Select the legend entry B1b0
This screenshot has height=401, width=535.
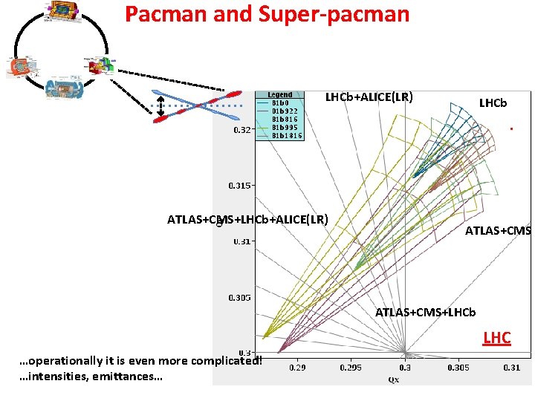point(281,102)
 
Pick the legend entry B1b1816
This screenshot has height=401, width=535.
point(286,135)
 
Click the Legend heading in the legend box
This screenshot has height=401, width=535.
point(280,94)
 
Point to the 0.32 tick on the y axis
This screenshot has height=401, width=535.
point(242,130)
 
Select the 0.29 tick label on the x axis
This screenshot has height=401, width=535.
point(296,367)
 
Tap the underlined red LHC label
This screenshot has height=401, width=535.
point(496,339)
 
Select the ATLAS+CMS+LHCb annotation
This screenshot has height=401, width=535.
point(425,312)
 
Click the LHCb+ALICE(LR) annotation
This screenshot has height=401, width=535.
point(369,97)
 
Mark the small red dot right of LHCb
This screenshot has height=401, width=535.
point(512,129)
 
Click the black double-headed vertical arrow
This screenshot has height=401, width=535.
point(161,105)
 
